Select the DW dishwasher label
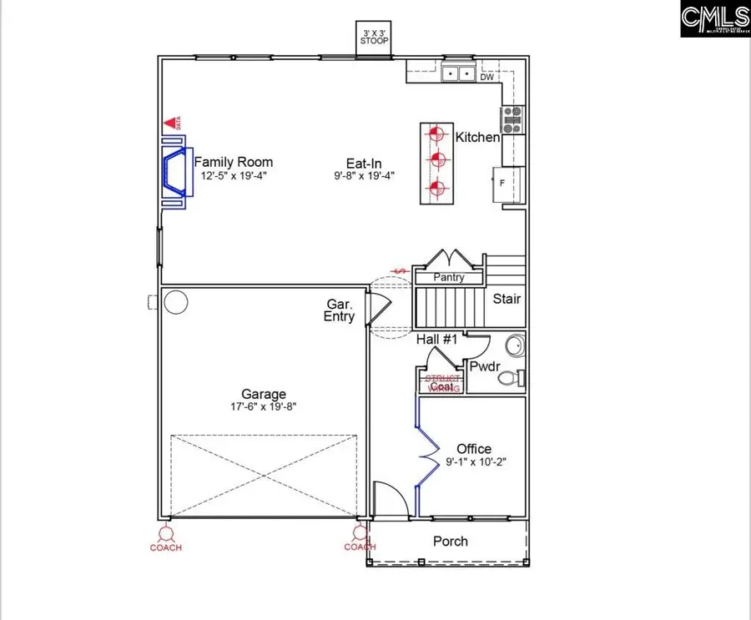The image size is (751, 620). tap(486, 77)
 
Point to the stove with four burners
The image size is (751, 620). tap(511, 120)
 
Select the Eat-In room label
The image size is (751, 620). tap(365, 163)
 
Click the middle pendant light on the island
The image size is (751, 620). tap(435, 159)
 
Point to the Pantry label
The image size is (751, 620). tap(449, 278)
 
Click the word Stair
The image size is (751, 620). tap(507, 299)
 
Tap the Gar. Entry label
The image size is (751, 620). tap(340, 310)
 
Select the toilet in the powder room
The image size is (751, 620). tap(509, 378)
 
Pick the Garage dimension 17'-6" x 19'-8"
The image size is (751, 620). tap(264, 407)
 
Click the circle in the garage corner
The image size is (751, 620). tap(175, 302)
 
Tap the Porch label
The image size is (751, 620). tap(451, 542)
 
